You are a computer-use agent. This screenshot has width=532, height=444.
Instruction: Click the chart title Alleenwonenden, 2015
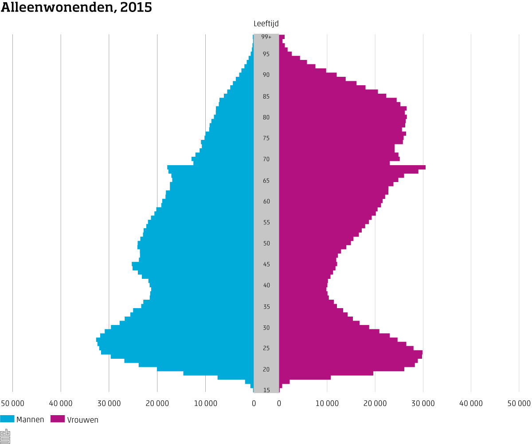pyautogui.click(x=76, y=8)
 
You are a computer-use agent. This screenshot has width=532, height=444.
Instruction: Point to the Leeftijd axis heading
pyautogui.click(x=266, y=24)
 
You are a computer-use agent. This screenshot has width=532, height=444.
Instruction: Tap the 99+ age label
pyautogui.click(x=266, y=37)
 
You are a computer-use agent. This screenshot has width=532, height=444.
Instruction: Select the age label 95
pyautogui.click(x=266, y=54)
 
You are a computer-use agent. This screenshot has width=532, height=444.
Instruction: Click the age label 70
pyautogui.click(x=266, y=159)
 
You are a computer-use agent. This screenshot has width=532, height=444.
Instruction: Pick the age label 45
pyautogui.click(x=266, y=264)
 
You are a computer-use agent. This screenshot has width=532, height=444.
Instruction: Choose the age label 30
pyautogui.click(x=266, y=328)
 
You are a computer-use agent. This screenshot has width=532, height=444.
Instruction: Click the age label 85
pyautogui.click(x=266, y=96)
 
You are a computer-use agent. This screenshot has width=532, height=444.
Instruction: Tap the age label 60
pyautogui.click(x=266, y=201)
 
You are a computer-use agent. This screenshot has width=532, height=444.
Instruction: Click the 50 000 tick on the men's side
pyautogui.click(x=12, y=403)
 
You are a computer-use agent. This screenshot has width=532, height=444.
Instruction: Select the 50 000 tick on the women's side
pyautogui.click(x=519, y=403)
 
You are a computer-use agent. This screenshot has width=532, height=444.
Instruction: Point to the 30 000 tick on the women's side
pyautogui.click(x=423, y=403)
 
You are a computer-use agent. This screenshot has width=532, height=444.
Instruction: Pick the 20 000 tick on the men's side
pyautogui.click(x=157, y=403)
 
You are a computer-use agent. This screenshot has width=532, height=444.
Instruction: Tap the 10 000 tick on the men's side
pyautogui.click(x=205, y=403)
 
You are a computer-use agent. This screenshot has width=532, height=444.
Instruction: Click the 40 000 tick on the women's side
pyautogui.click(x=471, y=403)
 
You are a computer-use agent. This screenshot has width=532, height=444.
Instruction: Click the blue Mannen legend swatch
pyautogui.click(x=7, y=419)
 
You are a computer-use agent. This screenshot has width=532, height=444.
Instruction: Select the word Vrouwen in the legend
pyautogui.click(x=82, y=420)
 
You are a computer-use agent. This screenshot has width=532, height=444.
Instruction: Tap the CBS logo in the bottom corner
pyautogui.click(x=5, y=436)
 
